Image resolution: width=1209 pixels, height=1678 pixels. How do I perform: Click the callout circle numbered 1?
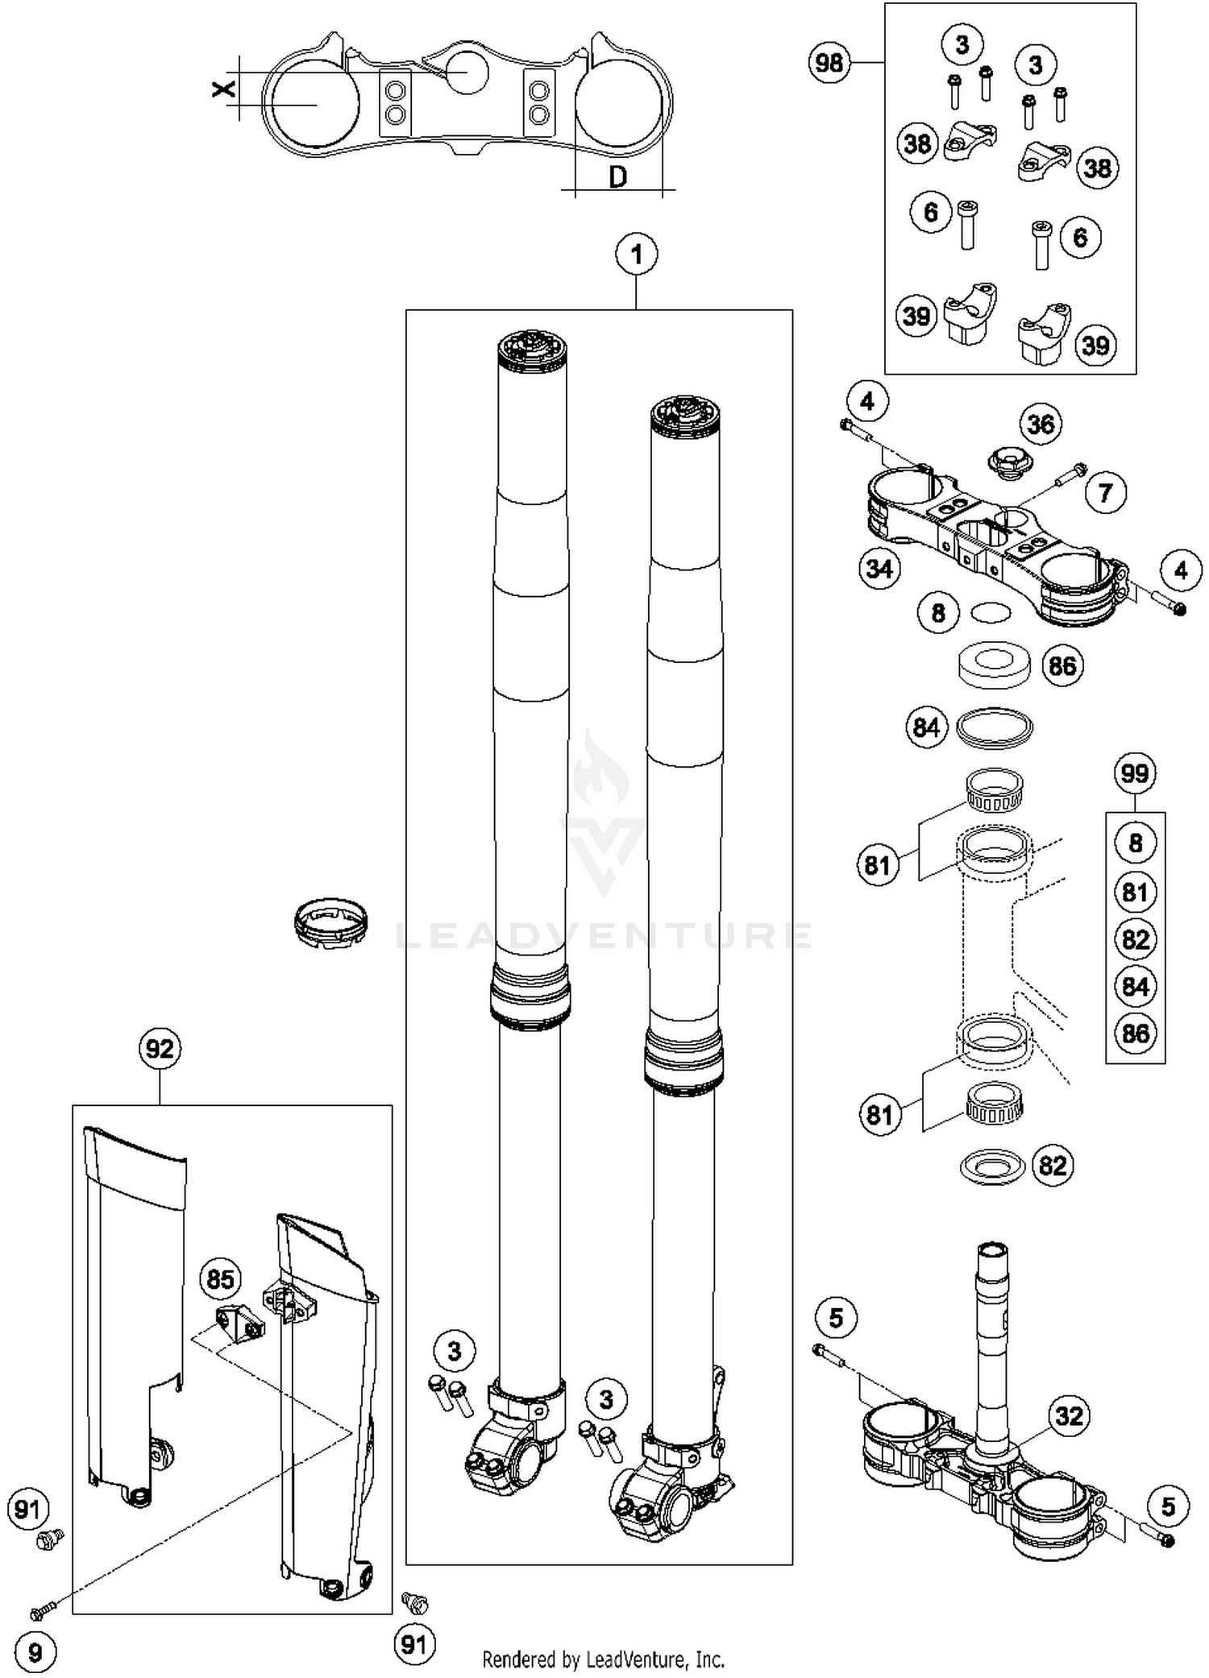pos(636,255)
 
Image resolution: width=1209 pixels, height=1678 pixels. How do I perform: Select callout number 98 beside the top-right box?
pos(829,63)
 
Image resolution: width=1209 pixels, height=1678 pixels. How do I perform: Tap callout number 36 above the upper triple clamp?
pos(1041,424)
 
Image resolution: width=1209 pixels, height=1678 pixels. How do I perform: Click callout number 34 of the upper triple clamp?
pos(879,569)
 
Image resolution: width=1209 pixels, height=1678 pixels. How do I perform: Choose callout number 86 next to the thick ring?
pos(1062,665)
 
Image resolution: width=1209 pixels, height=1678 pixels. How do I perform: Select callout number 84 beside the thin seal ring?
pos(926,727)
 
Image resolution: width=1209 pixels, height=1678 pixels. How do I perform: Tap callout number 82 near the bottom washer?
pos(1052,1166)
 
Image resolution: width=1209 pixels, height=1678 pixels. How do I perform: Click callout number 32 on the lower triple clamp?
pos(1069,1415)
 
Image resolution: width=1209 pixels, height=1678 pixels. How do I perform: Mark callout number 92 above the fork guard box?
pos(160,1049)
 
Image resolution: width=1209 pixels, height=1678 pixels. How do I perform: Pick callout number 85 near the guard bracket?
pos(220,1279)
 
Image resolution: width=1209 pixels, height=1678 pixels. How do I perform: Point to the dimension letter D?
pos(617,176)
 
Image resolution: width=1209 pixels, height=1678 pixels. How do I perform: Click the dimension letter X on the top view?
pos(224,88)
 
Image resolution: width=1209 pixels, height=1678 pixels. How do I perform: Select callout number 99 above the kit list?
pos(1135,774)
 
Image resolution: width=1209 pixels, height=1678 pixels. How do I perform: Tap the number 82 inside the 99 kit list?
pos(1135,939)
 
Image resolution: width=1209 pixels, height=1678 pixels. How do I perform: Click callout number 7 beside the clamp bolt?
pos(1105,492)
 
